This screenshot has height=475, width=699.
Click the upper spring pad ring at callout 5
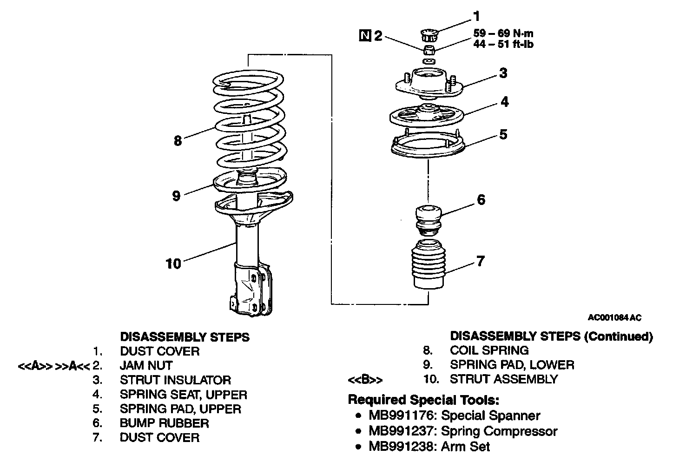[427, 145]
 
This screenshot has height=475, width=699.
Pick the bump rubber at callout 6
[428, 218]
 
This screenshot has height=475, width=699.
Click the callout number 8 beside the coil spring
[178, 140]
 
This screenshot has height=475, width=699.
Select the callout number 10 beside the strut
[173, 264]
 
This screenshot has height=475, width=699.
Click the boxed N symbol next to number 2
[365, 35]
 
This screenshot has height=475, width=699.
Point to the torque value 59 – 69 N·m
[503, 33]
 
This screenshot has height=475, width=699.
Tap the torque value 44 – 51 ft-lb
[503, 45]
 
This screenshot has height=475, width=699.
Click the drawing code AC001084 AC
[615, 318]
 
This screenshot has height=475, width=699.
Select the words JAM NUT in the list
[146, 366]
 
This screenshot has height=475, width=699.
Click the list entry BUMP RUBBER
[164, 423]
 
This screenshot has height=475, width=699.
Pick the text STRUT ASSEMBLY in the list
[503, 379]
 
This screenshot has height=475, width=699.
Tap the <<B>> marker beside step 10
[365, 380]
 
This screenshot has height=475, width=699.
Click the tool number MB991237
[402, 431]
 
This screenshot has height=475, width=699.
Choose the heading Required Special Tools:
[423, 400]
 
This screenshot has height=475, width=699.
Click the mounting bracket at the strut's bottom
[251, 290]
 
